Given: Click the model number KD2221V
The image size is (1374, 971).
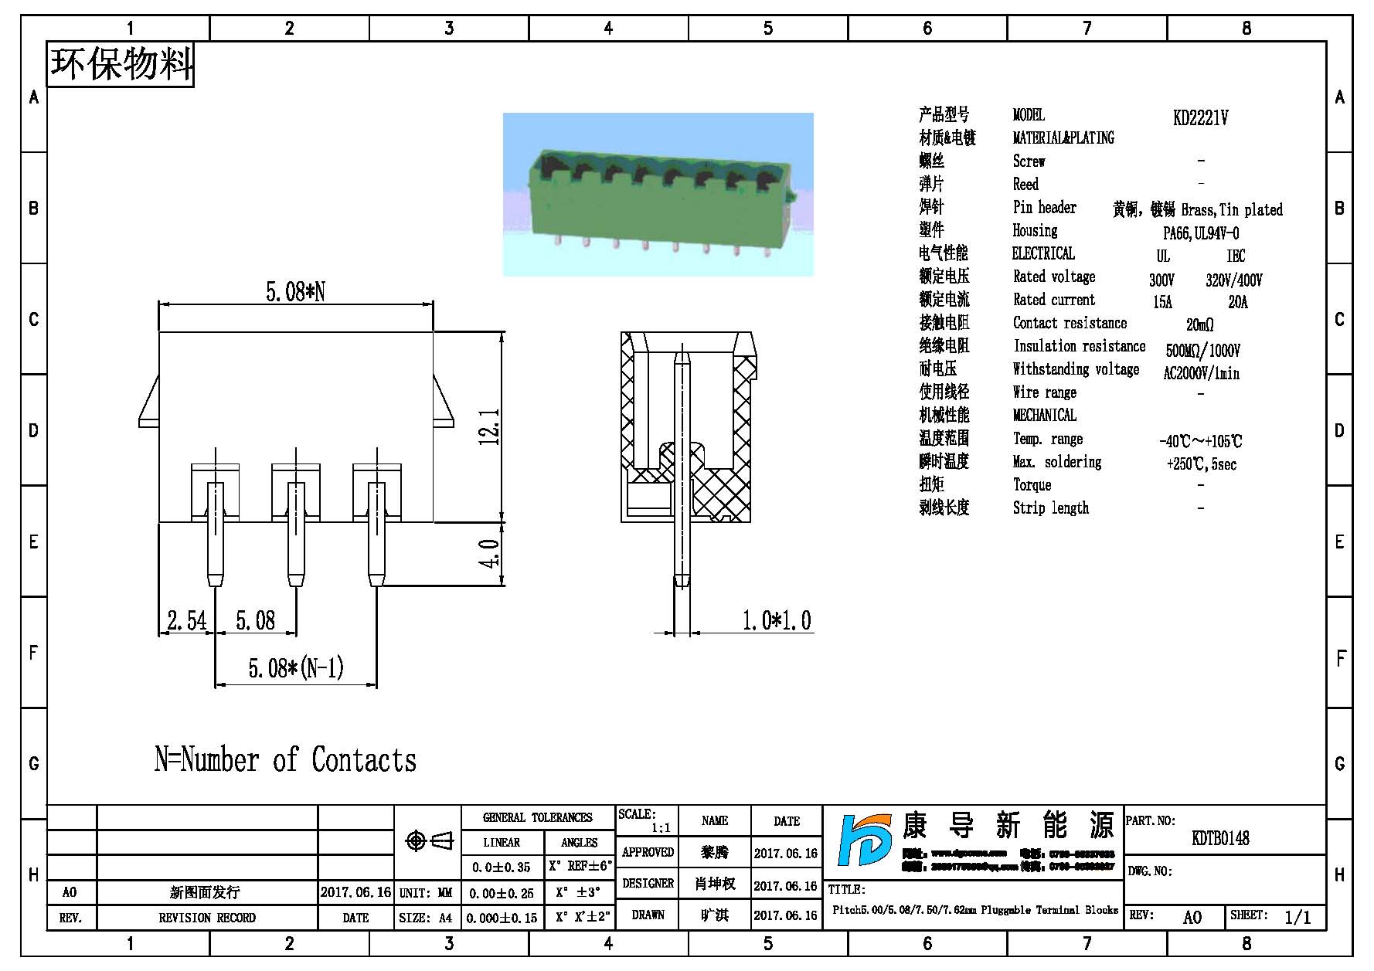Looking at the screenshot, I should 1200,118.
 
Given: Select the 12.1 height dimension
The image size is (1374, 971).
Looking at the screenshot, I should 490,426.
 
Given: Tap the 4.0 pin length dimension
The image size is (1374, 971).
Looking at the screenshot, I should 490,554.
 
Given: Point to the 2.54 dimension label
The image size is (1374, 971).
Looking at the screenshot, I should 187,620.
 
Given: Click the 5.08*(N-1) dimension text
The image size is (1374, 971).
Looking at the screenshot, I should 296,668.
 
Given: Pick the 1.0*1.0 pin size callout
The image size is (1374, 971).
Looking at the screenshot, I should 777,620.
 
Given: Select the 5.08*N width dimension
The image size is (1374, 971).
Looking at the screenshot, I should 295,292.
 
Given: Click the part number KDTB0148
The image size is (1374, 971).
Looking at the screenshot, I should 1220,838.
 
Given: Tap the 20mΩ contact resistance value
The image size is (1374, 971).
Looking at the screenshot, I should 1199,325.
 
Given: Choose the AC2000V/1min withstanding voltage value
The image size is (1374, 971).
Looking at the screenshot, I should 1201,374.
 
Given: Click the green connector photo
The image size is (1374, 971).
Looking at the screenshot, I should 658,194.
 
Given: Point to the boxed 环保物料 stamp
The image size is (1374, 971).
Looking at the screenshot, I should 121,64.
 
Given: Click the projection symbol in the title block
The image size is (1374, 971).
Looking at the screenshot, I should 429,840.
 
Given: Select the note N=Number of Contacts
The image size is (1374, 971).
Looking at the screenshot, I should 285,760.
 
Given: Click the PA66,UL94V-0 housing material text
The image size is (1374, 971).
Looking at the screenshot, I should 1201,233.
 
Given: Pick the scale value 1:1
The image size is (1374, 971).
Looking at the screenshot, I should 661,828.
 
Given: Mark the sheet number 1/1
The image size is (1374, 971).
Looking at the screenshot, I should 1297,917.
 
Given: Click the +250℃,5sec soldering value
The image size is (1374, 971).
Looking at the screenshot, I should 1201,464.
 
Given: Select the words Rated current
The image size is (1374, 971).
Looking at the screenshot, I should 1054,300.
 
